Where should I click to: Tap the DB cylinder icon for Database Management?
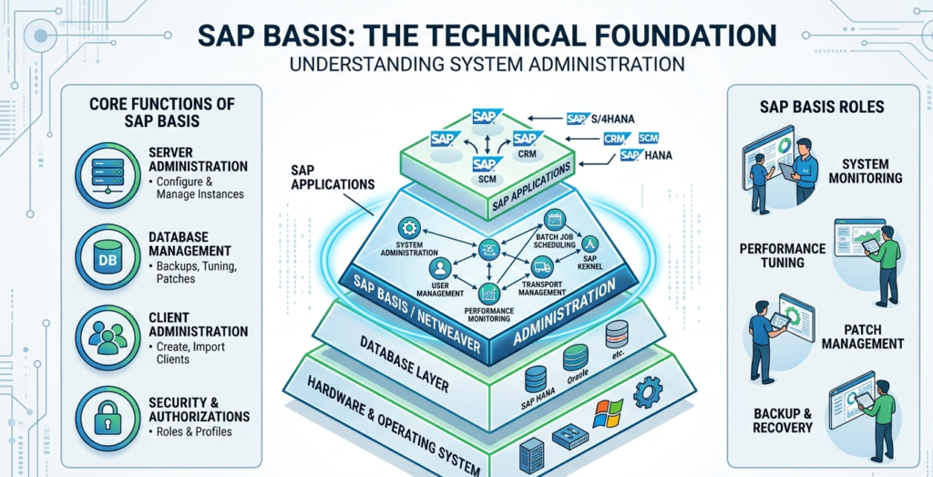106,254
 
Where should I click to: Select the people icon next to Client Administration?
106,337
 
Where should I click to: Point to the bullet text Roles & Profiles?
192,431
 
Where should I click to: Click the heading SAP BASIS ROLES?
821,107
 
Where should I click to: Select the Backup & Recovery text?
777,420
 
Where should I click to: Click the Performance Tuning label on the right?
783,255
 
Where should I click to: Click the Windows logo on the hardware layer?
606,412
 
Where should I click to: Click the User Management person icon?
441,268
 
